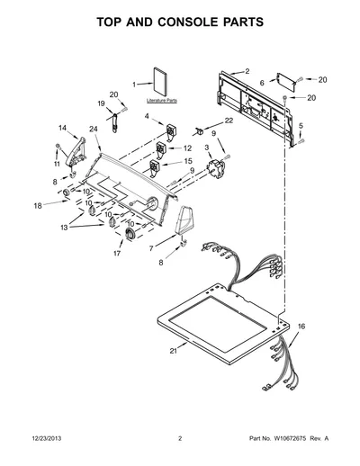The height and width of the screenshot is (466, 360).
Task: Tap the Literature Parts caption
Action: click(x=162, y=101)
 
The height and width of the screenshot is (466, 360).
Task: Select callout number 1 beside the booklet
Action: click(x=134, y=85)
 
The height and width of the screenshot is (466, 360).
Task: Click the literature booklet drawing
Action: click(x=160, y=81)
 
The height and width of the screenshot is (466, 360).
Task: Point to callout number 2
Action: click(x=247, y=71)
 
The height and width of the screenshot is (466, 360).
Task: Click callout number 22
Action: click(x=229, y=121)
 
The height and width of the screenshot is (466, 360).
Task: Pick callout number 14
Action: click(x=62, y=128)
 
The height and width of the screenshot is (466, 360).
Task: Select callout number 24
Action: click(x=94, y=129)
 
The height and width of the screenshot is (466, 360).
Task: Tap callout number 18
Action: click(x=38, y=206)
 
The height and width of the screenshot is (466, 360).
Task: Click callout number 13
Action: click(x=64, y=228)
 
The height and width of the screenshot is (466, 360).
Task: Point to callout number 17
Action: click(x=117, y=254)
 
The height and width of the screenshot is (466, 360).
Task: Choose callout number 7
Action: click(x=151, y=248)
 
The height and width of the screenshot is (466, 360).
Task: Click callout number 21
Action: click(x=174, y=351)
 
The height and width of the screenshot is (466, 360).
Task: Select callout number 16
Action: click(x=301, y=327)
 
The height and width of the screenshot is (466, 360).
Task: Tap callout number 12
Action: click(x=187, y=148)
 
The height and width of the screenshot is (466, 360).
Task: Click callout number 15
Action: click(x=188, y=161)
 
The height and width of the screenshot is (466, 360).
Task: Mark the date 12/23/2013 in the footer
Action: click(x=47, y=438)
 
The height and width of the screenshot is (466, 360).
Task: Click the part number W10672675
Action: click(x=289, y=438)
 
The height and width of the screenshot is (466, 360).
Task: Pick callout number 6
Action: click(x=262, y=83)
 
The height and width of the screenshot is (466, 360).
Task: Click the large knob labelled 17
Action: click(x=130, y=233)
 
